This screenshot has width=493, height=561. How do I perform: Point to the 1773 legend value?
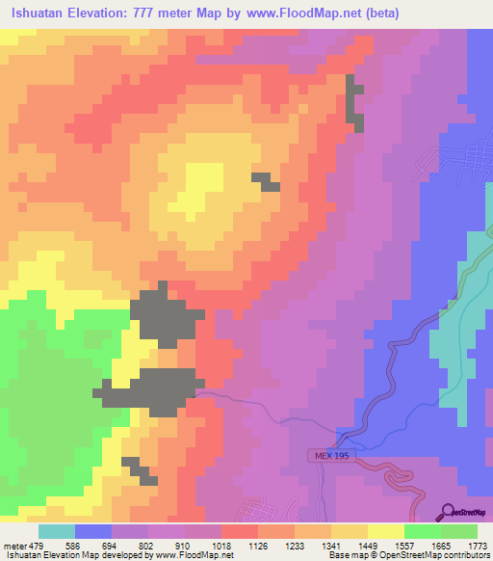coord(478,546)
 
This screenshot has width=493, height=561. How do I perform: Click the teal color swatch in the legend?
coord(57,531)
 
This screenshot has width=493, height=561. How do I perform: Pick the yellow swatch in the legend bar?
coord(385,531)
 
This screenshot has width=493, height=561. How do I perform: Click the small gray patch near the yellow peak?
coord(265,181)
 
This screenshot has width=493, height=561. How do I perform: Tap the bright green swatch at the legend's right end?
coord(458,531)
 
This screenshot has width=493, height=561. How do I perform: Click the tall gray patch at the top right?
coord(355,102)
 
